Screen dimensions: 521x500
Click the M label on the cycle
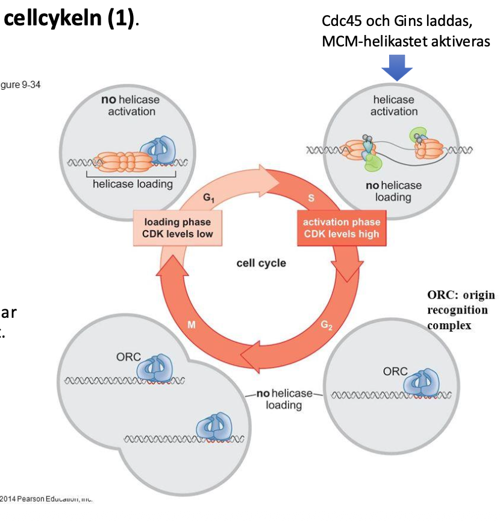click(192, 326)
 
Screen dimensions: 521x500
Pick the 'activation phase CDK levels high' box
click(341, 227)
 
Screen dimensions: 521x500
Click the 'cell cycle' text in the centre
click(261, 263)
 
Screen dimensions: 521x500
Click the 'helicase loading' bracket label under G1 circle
click(133, 183)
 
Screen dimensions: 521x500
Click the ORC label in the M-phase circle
click(128, 356)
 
